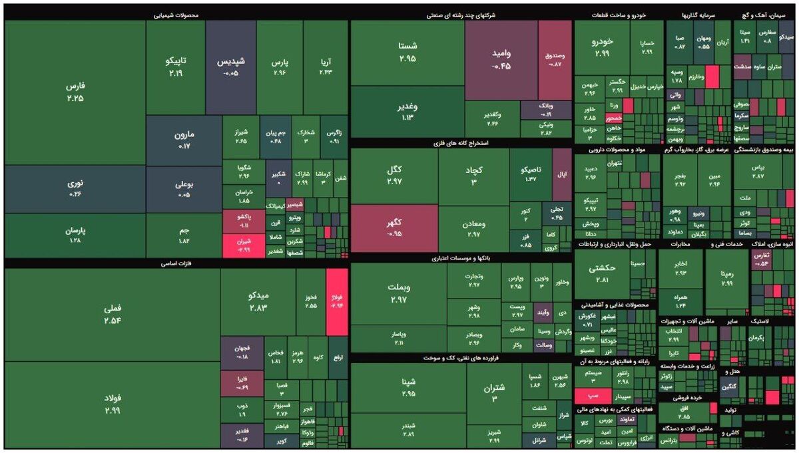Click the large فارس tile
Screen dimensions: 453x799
click(75, 92)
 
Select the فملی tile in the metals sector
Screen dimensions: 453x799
click(112, 314)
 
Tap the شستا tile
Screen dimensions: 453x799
click(407, 53)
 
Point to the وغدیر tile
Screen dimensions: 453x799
click(407, 112)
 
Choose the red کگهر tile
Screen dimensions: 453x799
click(394, 227)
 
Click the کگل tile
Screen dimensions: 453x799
click(394, 176)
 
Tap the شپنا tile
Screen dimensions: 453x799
click(407, 387)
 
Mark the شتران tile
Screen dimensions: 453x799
click(494, 392)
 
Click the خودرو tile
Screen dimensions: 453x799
click(601, 47)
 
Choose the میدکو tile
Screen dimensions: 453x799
click(258, 300)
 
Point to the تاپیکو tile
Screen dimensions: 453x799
click(175, 67)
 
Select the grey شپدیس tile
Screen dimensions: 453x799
click(231, 67)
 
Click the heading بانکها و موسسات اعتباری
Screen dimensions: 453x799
click(461, 257)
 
